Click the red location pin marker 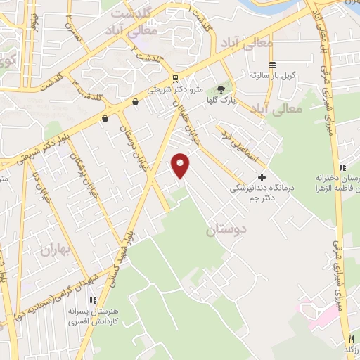tap(181, 165)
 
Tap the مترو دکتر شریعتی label tap(176, 91)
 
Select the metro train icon tap(175, 78)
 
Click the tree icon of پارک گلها tap(221, 89)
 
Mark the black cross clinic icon tap(262, 177)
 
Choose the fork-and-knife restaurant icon tap(351, 339)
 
